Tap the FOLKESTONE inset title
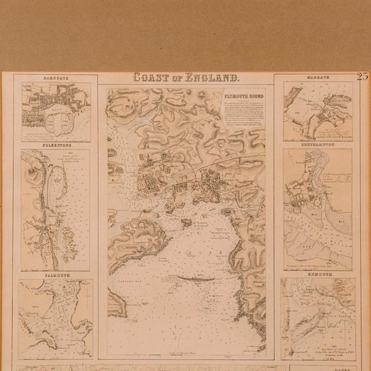click(x=56, y=145)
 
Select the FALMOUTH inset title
click(x=56, y=274)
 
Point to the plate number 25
click(x=363, y=76)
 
